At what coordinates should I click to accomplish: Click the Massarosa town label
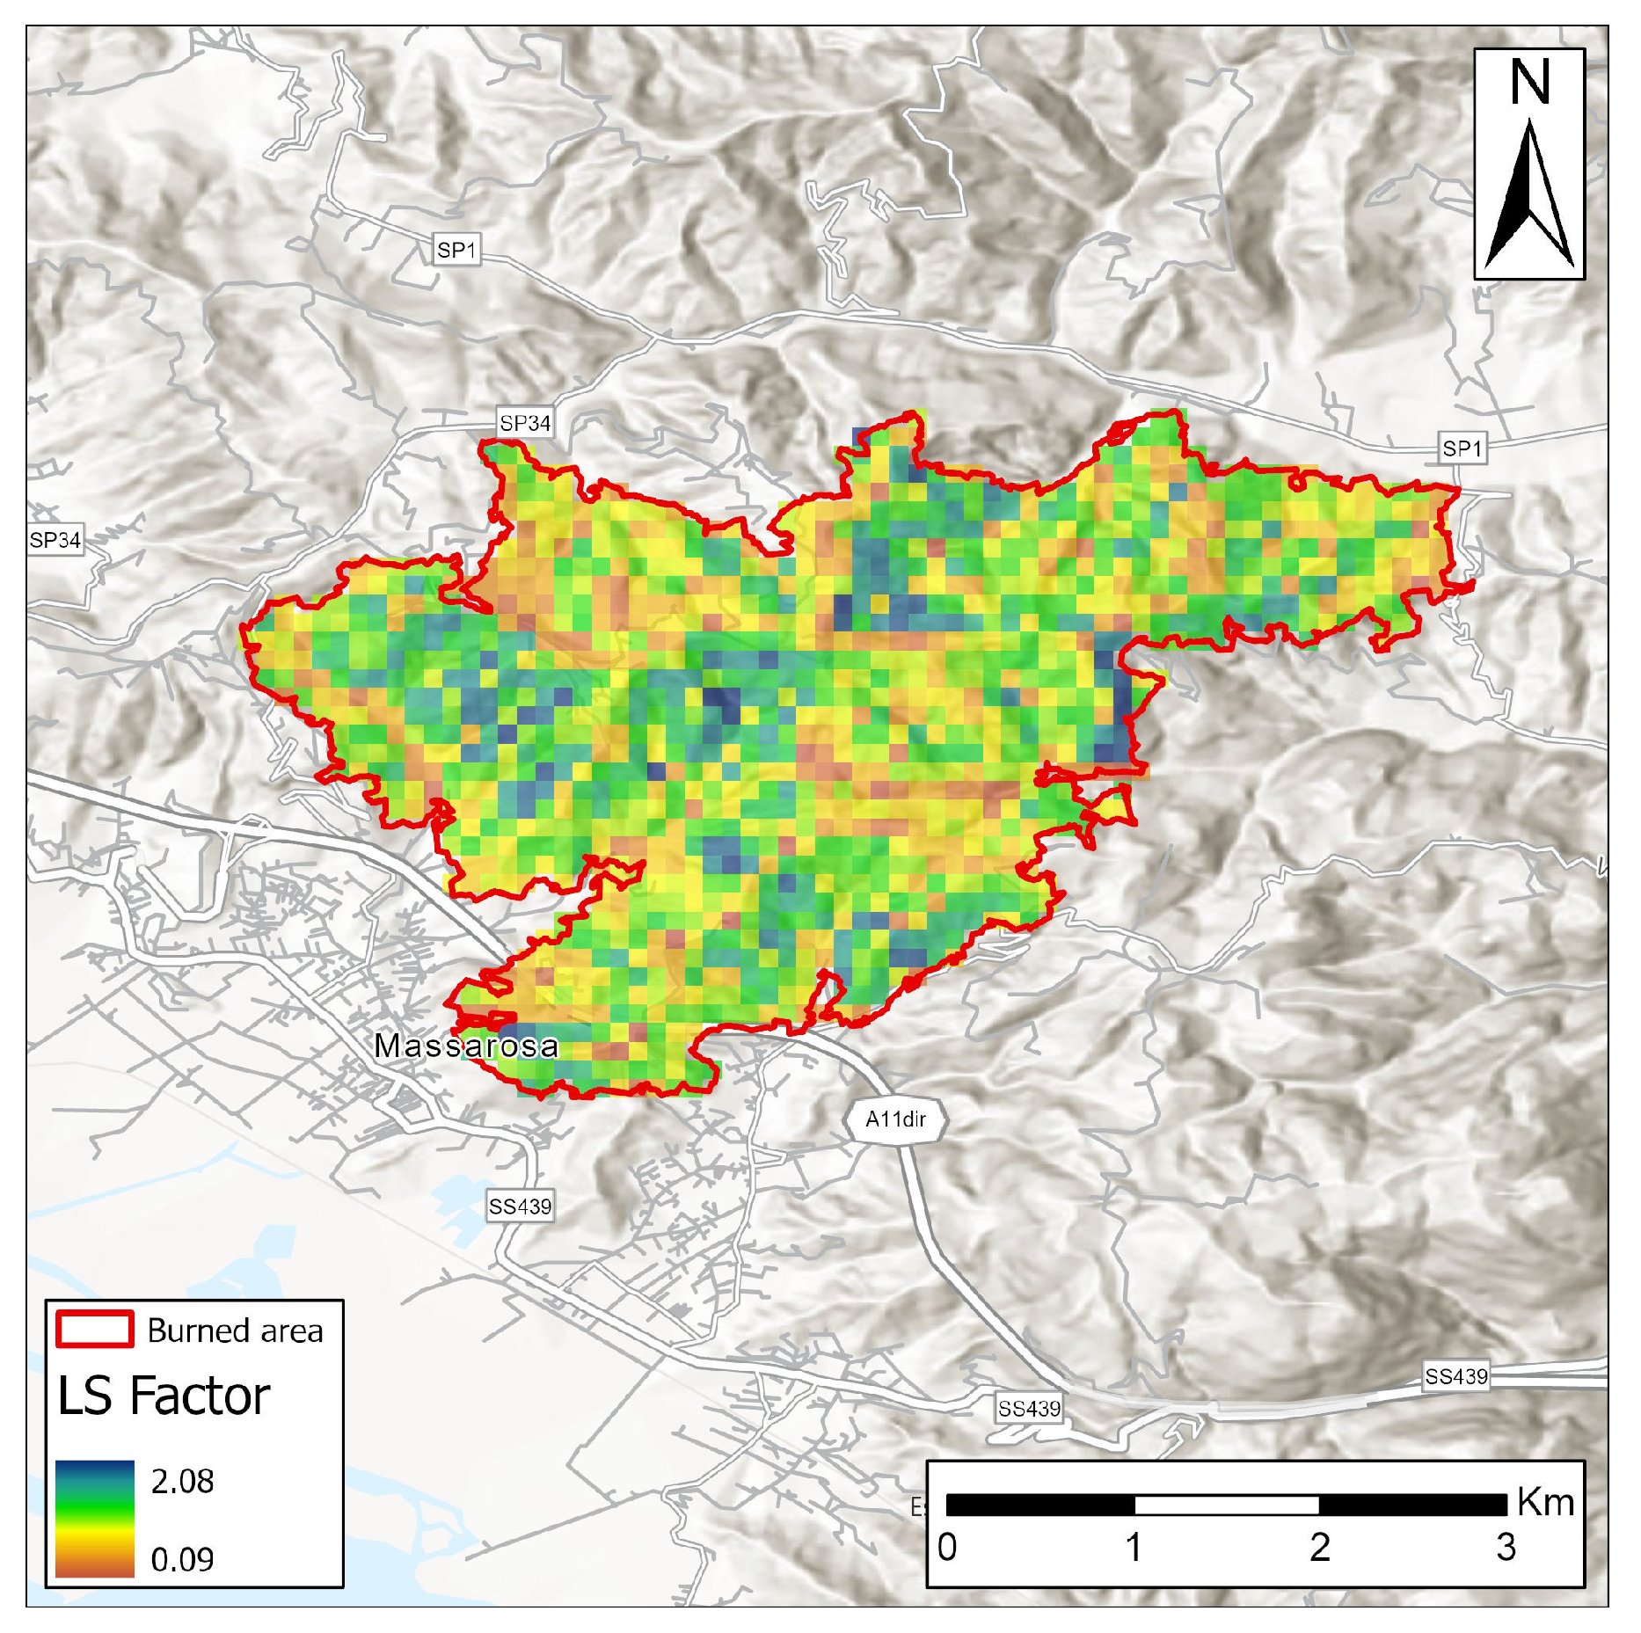point(466,1046)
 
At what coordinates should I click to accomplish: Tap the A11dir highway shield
point(895,1119)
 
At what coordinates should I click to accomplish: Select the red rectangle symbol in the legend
point(95,1329)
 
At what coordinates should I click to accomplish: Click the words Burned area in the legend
point(235,1330)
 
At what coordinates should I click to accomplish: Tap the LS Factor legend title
point(164,1396)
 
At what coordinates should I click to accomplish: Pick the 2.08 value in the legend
point(182,1481)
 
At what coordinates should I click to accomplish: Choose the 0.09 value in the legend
point(182,1559)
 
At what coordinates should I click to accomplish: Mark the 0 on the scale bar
point(947,1547)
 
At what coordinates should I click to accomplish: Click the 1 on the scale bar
point(1134,1547)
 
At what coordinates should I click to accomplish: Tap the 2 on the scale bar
point(1319,1547)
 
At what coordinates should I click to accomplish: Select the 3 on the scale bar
point(1506,1547)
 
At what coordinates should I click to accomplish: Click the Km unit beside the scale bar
point(1545,1502)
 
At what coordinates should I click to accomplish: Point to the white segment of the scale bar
point(1227,1505)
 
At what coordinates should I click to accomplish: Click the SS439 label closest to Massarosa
point(520,1207)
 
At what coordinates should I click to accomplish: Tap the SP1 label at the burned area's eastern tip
point(1462,448)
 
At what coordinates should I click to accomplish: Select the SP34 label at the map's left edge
point(55,540)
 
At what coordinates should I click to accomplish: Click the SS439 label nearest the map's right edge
point(1456,1376)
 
